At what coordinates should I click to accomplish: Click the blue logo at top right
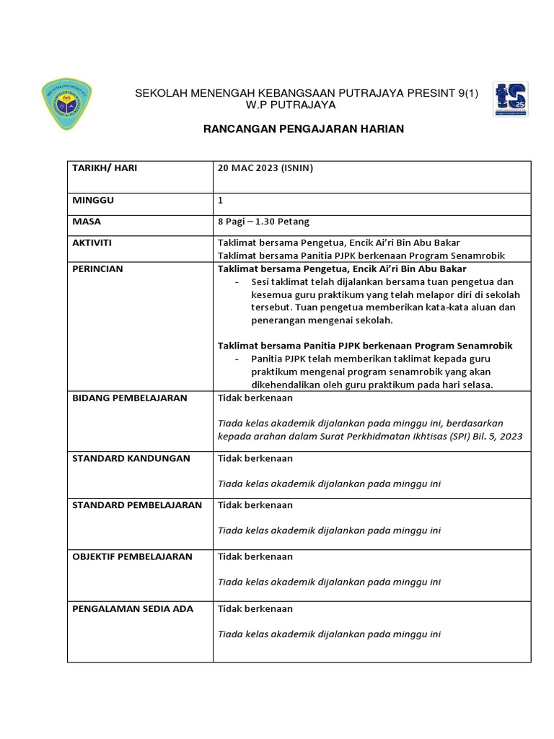(x=510, y=99)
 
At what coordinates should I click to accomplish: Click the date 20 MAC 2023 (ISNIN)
(x=265, y=168)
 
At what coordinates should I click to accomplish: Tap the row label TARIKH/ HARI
(x=105, y=168)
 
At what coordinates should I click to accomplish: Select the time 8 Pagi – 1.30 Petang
(x=263, y=222)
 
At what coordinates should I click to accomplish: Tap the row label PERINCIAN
(x=98, y=268)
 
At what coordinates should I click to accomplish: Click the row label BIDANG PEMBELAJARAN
(x=130, y=398)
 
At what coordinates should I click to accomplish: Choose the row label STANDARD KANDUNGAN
(x=131, y=458)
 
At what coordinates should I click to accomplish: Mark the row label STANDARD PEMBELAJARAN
(x=137, y=504)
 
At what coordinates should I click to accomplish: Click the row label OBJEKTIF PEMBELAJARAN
(x=132, y=556)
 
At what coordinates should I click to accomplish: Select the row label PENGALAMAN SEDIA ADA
(x=133, y=608)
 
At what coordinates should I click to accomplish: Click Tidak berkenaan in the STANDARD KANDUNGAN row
(x=255, y=458)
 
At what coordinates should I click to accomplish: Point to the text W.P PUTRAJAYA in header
(x=291, y=105)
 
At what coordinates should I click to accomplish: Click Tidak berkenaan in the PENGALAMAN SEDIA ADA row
(x=255, y=608)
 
